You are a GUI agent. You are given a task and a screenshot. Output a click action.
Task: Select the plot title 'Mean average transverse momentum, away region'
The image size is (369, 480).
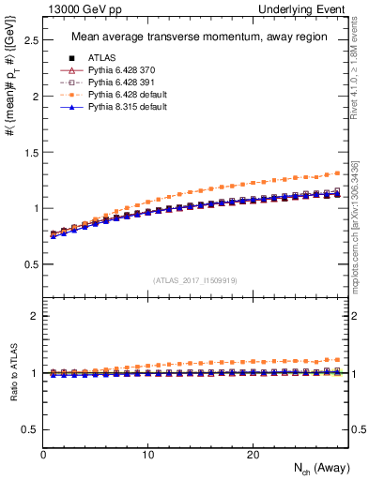tap(199, 37)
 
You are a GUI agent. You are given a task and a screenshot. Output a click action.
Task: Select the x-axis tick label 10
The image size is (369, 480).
tap(147, 454)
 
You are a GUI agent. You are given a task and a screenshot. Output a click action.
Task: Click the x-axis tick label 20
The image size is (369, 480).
tap(253, 454)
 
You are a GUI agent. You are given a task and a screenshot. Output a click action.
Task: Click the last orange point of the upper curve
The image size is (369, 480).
tap(338, 172)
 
